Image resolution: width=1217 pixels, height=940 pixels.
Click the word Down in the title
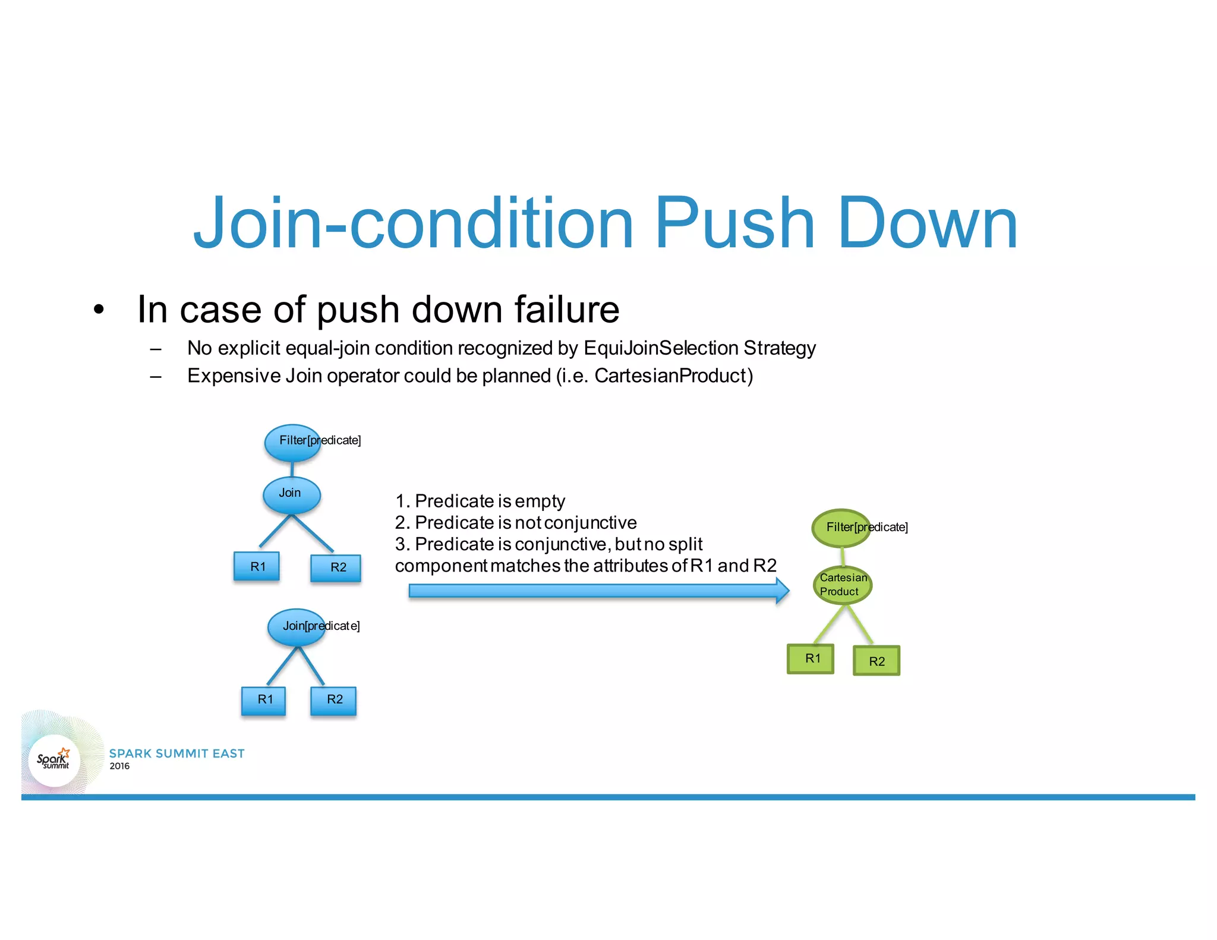(928, 224)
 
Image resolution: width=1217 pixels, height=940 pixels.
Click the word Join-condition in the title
(414, 224)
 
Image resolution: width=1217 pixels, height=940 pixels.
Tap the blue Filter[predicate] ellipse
(292, 443)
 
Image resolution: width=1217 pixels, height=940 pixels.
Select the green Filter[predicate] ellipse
(840, 528)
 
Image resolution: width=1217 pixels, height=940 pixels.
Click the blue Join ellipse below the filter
(291, 495)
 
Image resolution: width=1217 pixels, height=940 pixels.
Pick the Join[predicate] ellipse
(296, 627)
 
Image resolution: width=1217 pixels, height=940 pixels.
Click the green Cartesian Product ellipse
(842, 585)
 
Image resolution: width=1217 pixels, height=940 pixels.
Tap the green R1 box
(811, 659)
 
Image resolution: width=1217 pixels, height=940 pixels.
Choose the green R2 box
(877, 661)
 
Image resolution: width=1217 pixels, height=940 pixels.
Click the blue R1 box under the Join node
(257, 566)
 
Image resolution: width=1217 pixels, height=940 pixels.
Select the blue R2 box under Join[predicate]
(334, 700)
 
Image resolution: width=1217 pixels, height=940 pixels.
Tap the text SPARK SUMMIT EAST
(176, 753)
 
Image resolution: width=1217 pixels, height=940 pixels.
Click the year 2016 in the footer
(119, 766)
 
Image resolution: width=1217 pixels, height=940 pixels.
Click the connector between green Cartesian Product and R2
(860, 625)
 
